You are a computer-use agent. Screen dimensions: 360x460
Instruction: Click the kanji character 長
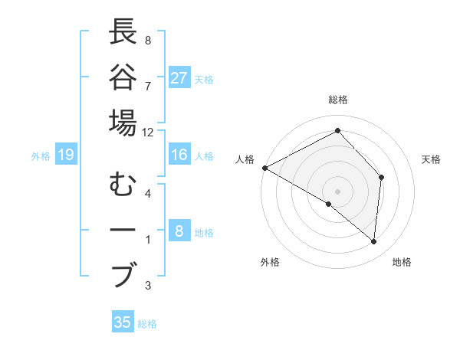point(123,33)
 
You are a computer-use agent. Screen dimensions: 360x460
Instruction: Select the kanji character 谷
point(123,78)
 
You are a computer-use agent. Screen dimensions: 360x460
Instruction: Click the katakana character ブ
point(123,274)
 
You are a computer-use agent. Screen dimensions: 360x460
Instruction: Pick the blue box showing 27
point(179,78)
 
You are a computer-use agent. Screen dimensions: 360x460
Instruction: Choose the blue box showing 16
point(179,155)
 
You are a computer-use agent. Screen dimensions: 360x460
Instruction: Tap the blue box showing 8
point(179,232)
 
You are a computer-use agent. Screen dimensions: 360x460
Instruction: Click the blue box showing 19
point(66,155)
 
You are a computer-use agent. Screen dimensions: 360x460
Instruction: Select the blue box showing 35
point(123,322)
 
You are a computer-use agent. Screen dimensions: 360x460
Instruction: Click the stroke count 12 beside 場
point(148,132)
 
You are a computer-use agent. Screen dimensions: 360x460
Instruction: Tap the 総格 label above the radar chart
point(338,100)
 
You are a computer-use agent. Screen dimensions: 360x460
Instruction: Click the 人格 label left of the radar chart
point(245,159)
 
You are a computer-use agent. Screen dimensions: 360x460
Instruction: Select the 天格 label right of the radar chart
point(431,159)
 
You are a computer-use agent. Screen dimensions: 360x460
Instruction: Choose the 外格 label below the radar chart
point(270,262)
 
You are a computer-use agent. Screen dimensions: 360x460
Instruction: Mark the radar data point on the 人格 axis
point(264,167)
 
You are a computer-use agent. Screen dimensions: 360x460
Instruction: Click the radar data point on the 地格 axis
point(374,242)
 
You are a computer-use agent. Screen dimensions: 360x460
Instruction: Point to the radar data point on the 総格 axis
point(337,131)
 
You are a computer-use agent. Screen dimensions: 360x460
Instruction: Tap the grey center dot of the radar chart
point(337,191)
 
